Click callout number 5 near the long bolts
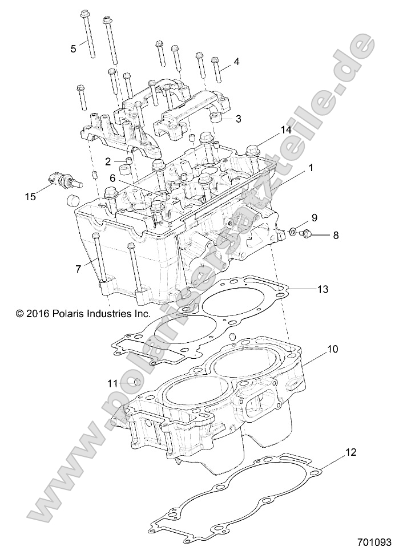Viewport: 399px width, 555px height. (x=73, y=49)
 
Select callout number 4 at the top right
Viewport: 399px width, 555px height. (x=236, y=62)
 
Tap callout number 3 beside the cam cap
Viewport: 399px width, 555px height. (x=239, y=119)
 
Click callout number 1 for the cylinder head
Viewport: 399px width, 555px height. (x=311, y=168)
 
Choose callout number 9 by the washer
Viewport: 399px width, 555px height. (x=313, y=218)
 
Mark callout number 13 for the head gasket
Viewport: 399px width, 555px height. (x=323, y=290)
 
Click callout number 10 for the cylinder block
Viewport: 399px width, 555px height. (x=333, y=348)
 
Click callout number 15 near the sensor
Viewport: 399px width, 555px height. (x=30, y=196)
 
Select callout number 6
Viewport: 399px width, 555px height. (x=113, y=179)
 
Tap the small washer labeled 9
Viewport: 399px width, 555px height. (x=293, y=232)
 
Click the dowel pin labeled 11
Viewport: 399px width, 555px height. (x=134, y=382)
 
